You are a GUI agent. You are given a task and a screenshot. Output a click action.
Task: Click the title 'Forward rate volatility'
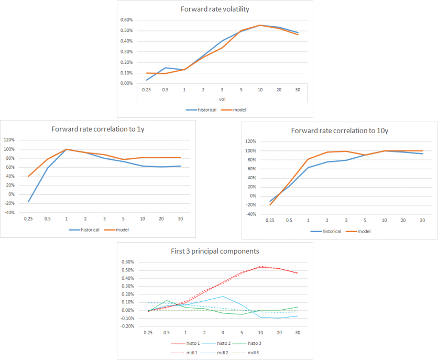tap(214, 9)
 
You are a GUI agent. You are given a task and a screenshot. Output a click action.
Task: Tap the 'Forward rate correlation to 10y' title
tap(336, 130)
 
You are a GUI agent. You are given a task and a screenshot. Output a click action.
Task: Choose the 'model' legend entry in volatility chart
tap(238, 110)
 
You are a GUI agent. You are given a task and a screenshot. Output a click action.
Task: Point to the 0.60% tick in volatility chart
tap(127, 20)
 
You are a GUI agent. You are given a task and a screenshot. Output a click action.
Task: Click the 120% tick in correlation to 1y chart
tap(9, 140)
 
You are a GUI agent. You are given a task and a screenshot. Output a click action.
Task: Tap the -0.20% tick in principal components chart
tap(127, 326)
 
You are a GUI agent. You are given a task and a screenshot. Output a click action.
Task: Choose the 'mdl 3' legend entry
tap(254, 353)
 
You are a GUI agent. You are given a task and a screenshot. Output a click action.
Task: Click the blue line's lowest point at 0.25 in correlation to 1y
tap(28, 202)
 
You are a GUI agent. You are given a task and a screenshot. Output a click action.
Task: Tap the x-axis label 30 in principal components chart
tap(298, 333)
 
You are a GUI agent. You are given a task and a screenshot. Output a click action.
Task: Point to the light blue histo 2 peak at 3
tap(223, 296)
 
